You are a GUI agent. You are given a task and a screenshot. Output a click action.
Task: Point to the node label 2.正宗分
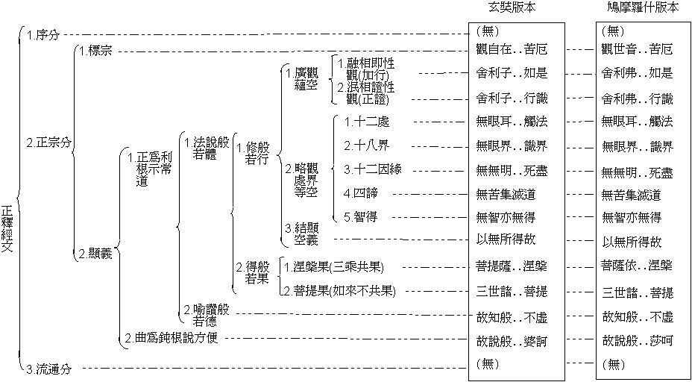[47, 142]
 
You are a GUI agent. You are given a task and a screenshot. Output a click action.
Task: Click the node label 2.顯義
[95, 253]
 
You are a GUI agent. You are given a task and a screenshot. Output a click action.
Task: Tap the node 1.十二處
[366, 122]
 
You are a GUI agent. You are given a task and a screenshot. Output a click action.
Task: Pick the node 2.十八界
[366, 145]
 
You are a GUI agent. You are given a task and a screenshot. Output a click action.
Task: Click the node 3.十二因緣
[372, 169]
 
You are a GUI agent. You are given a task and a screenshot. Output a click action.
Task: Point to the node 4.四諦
[361, 194]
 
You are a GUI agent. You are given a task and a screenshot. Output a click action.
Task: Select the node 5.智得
[361, 218]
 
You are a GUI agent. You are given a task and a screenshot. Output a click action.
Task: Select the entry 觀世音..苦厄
[637, 50]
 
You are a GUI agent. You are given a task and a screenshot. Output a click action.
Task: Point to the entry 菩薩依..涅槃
[637, 266]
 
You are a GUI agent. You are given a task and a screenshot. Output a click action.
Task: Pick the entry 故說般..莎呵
[637, 340]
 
